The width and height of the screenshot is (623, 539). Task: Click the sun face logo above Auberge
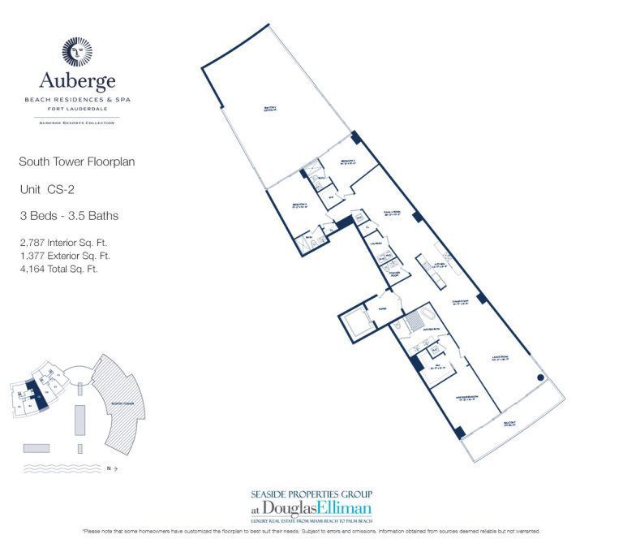point(78,52)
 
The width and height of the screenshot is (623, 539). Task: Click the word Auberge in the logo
point(78,81)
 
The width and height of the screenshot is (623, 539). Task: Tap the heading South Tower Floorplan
point(76,162)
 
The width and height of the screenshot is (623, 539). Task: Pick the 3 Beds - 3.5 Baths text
point(68,215)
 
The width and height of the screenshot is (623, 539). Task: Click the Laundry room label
point(376,242)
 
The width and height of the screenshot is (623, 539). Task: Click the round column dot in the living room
point(540,378)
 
